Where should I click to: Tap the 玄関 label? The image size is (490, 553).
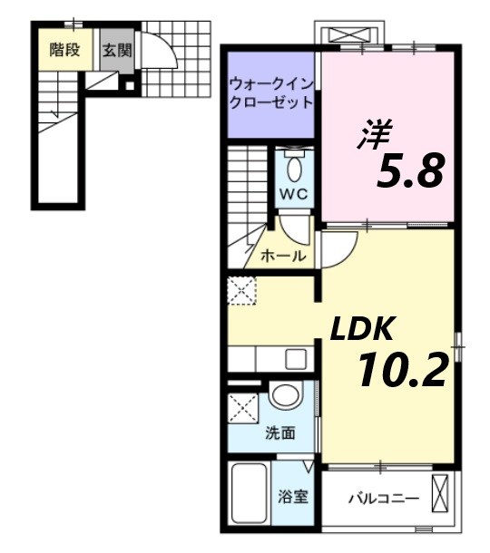116,50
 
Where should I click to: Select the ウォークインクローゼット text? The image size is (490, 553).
271,92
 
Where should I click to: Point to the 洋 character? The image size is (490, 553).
372,136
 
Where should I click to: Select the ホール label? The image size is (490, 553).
283,256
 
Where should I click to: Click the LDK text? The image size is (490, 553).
360,330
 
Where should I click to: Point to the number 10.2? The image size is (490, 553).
401,370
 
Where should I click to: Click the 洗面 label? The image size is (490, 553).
279,433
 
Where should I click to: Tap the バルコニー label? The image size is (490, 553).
383,498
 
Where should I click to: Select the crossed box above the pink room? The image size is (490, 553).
352,35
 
